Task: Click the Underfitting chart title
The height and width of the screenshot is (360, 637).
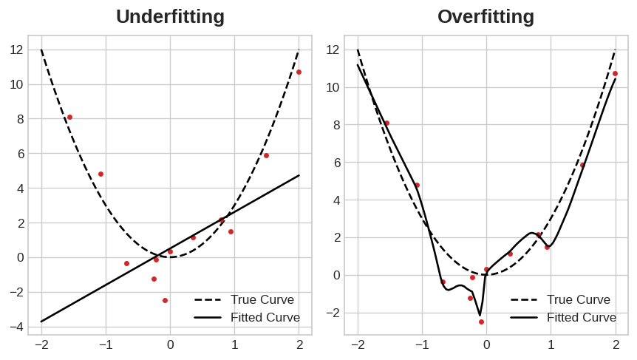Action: pyautogui.click(x=170, y=16)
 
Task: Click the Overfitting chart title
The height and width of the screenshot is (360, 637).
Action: pyautogui.click(x=486, y=16)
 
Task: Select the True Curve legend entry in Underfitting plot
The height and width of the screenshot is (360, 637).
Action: pyautogui.click(x=262, y=299)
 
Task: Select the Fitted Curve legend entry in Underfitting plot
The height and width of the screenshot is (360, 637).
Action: pyautogui.click(x=265, y=317)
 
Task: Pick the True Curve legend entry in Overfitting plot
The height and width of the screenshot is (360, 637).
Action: pyautogui.click(x=578, y=299)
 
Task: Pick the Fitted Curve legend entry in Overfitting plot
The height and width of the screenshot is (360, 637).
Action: pyautogui.click(x=581, y=317)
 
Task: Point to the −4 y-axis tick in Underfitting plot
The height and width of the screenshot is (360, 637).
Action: pyautogui.click(x=16, y=327)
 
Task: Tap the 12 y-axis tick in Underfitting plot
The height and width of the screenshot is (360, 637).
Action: pyautogui.click(x=16, y=50)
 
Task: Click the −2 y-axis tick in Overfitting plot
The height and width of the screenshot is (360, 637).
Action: pyautogui.click(x=332, y=313)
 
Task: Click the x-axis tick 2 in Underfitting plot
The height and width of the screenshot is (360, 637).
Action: pyautogui.click(x=299, y=345)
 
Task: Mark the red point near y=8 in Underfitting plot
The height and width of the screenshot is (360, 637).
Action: pyautogui.click(x=69, y=117)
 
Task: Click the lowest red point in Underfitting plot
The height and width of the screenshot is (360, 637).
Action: pyautogui.click(x=165, y=300)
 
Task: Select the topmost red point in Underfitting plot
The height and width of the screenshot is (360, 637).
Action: pyautogui.click(x=299, y=72)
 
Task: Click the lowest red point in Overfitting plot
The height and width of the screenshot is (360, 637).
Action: pyautogui.click(x=481, y=322)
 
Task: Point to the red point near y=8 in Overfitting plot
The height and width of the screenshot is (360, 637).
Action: pyautogui.click(x=386, y=123)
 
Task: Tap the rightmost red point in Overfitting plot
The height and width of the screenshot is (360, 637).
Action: pyautogui.click(x=615, y=73)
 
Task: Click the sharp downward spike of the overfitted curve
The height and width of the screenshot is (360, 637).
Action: pyautogui.click(x=480, y=315)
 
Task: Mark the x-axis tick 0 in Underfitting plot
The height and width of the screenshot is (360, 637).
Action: pyautogui.click(x=170, y=345)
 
